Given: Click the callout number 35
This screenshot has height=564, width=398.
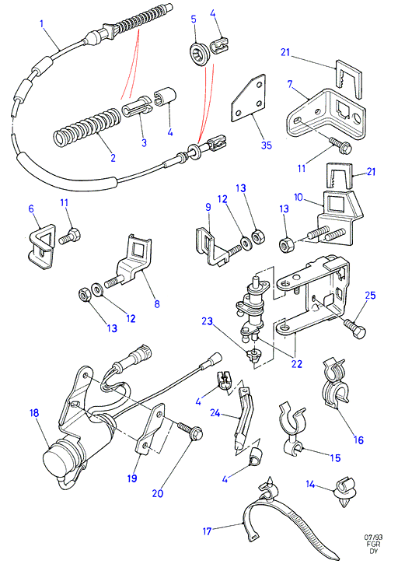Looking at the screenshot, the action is coord(267,145).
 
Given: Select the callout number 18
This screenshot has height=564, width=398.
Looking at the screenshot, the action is coord(34,412).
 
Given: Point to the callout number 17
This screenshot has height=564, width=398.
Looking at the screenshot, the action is coord(207,531).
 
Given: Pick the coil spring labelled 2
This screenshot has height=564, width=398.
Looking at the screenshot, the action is coord(87,127).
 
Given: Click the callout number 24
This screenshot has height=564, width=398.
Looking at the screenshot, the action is coord(215,413).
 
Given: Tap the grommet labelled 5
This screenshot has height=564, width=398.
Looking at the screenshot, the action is coord(198,54).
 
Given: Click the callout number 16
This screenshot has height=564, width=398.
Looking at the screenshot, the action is coord(359,440).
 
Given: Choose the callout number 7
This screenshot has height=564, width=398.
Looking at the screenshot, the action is coord(290,85).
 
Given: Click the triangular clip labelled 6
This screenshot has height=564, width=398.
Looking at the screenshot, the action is coord(41,247).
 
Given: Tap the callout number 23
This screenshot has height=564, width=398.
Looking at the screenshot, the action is coord(207,321).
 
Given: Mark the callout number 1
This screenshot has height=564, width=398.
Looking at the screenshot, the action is coord(42,24).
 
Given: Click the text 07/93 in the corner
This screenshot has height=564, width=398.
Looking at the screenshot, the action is coord(374,538).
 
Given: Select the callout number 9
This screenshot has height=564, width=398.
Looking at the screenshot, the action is coord(208,207).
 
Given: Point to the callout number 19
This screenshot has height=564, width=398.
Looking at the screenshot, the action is coord(132,478).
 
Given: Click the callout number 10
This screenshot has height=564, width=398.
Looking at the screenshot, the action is coord(298,198).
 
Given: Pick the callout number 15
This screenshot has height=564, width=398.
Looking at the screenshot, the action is coord(335,458).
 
